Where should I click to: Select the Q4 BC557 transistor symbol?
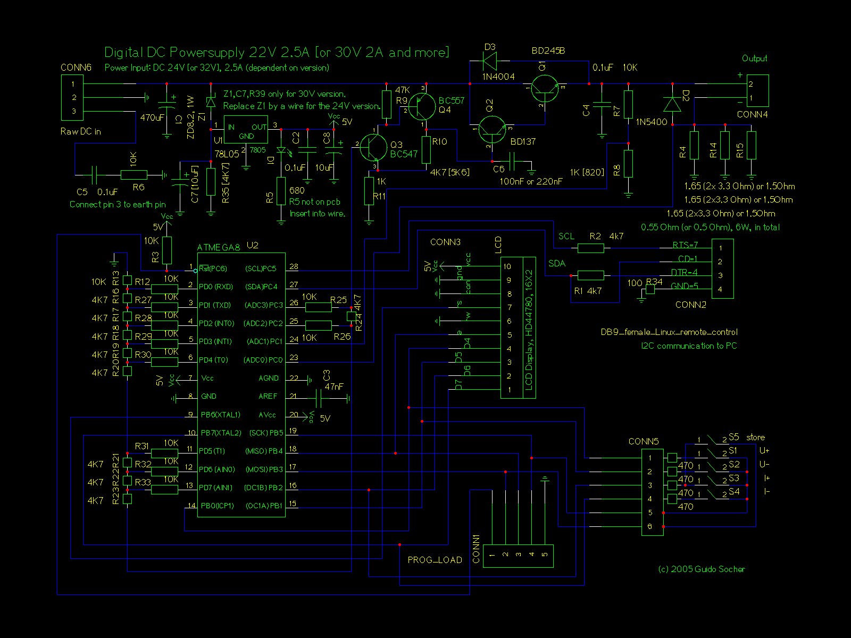[x=423, y=106]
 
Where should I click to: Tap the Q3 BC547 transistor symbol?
[x=373, y=147]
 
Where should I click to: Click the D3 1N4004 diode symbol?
[x=489, y=62]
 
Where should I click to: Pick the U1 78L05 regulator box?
[x=246, y=130]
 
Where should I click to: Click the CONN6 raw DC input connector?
[x=72, y=97]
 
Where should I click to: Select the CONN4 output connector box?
[x=757, y=91]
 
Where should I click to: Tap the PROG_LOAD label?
[x=435, y=560]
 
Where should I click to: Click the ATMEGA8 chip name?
[x=219, y=247]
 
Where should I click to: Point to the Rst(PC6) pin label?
[x=213, y=268]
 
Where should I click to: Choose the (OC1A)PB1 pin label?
[x=263, y=506]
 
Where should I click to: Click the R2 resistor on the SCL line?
[x=590, y=248]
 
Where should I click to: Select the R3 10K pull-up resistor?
[x=167, y=250]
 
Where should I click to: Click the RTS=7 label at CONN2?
[x=685, y=245]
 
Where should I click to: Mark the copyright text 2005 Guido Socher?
[x=702, y=569]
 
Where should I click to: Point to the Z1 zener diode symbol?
[x=211, y=102]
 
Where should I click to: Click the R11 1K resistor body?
[x=369, y=191]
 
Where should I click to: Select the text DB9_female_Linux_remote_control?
[x=669, y=332]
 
